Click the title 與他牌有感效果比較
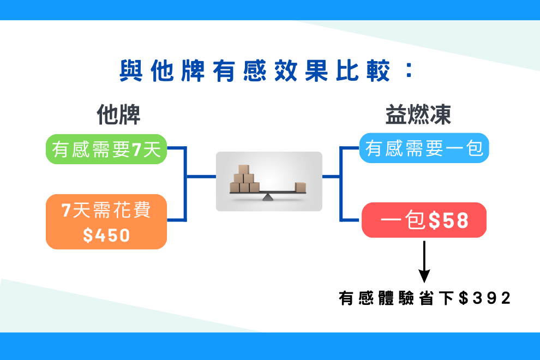[255, 71]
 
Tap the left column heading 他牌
[118, 115]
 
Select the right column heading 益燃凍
[418, 115]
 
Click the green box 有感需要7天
[106, 149]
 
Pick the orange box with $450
[106, 222]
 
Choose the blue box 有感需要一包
[424, 148]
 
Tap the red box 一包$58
[424, 220]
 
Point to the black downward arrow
[424, 262]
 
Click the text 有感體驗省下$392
[424, 298]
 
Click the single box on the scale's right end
[301, 187]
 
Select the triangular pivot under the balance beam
[268, 197]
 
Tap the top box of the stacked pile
[243, 169]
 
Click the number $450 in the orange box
[106, 235]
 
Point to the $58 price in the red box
[449, 220]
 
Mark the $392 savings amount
[485, 298]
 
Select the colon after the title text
[409, 70]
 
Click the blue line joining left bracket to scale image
[201, 177]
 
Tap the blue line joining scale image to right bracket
[331, 177]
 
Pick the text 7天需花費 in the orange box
[106, 210]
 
